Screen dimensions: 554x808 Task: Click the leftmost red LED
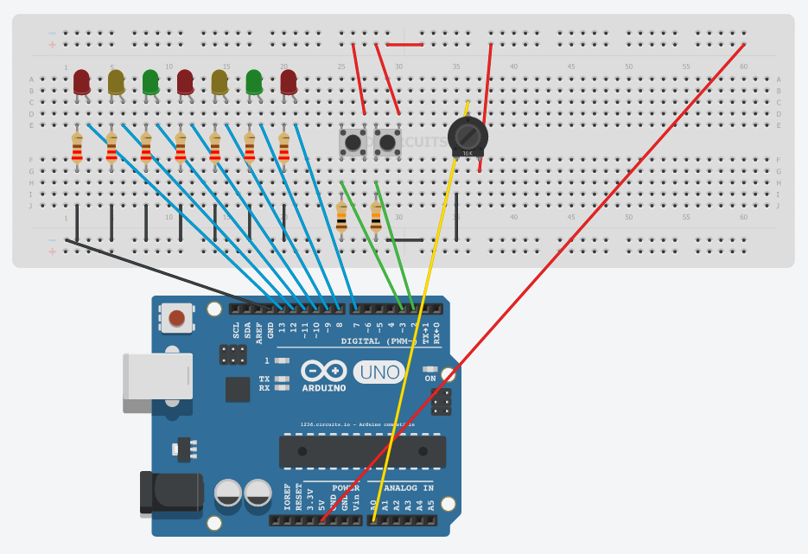pyautogui.click(x=82, y=82)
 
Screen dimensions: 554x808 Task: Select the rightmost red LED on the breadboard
pyautogui.click(x=289, y=82)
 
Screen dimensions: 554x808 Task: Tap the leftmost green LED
pyautogui.click(x=150, y=82)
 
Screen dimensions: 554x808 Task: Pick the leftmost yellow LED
pyautogui.click(x=117, y=82)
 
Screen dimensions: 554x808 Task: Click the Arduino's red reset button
pyautogui.click(x=176, y=318)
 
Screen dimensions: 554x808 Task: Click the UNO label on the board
pyautogui.click(x=379, y=373)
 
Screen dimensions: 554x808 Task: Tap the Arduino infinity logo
pyautogui.click(x=324, y=372)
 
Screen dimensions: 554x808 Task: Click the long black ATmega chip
pyautogui.click(x=362, y=452)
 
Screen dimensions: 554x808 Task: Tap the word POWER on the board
pyautogui.click(x=345, y=488)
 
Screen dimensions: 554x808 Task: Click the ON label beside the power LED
pyautogui.click(x=430, y=379)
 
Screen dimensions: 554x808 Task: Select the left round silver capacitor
pyautogui.click(x=228, y=494)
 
